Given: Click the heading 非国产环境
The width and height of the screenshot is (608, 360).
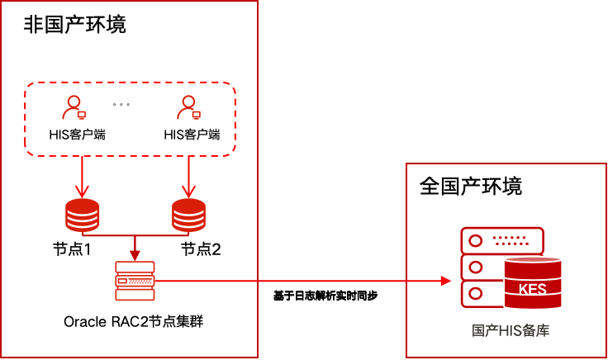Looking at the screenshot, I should [75, 24].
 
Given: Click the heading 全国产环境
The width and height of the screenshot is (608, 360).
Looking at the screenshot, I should [471, 186].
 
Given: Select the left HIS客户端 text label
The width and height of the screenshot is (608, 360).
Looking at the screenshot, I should [77, 134].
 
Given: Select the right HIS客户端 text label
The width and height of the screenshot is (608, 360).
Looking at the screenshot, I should [192, 134].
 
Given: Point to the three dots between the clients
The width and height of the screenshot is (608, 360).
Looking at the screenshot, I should [122, 105].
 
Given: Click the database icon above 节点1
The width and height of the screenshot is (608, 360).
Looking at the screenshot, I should [82, 216].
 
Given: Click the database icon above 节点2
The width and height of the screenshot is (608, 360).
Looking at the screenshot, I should [189, 216].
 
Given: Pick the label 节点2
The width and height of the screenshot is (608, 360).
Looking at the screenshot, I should [201, 249].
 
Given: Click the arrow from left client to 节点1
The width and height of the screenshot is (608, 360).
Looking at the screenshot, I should [82, 175].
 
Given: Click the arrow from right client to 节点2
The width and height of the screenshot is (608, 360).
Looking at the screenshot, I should [189, 175].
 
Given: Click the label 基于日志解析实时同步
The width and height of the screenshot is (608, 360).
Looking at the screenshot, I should [325, 295].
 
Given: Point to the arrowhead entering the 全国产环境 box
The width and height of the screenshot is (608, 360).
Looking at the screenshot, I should [445, 282].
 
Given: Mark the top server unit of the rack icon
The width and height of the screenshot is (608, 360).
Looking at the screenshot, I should [502, 241].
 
